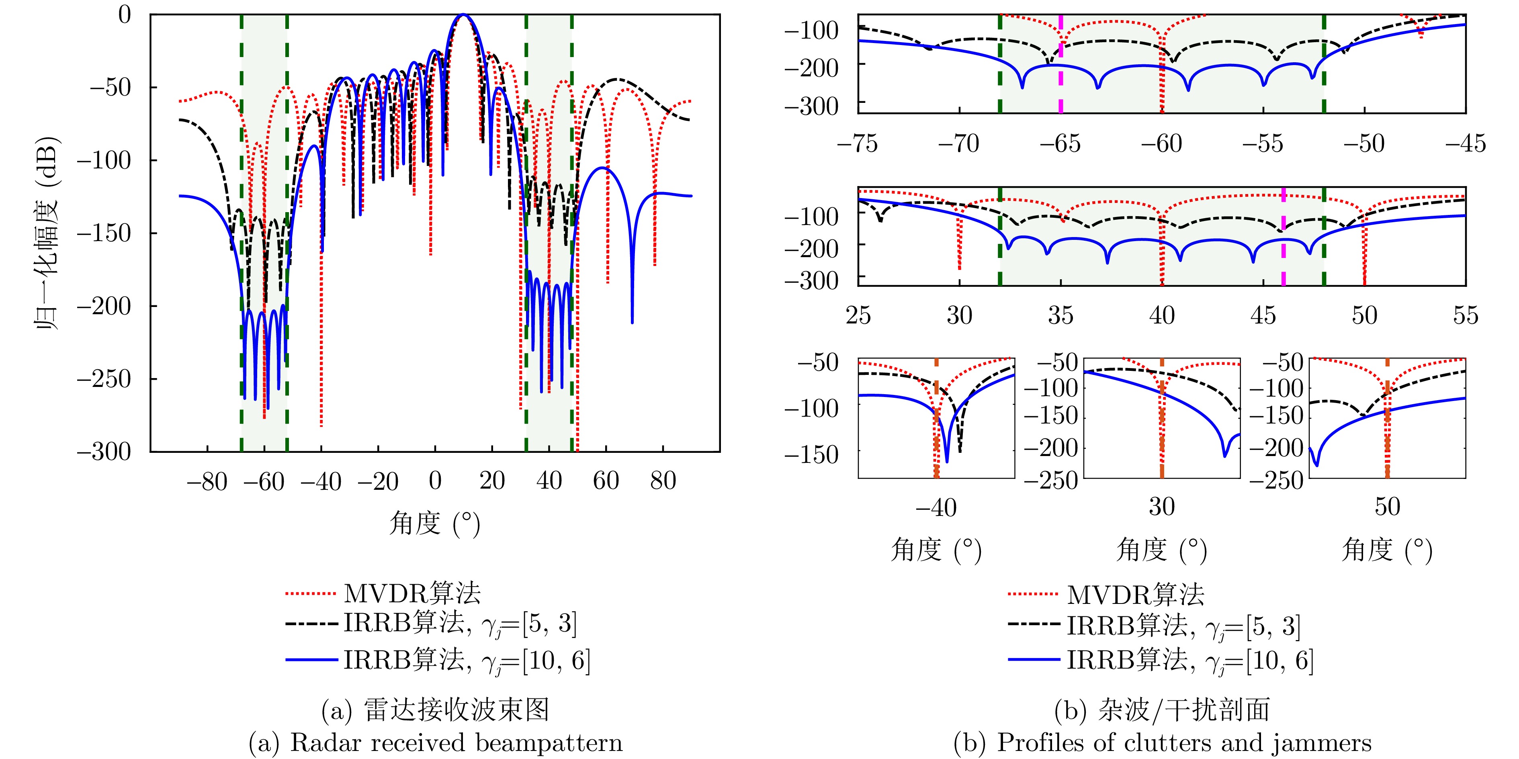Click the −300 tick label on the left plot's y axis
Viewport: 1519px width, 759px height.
104,452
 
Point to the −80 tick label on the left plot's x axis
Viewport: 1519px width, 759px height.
207,482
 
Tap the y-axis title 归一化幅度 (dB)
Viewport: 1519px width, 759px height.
47,233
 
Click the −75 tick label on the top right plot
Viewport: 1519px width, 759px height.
858,143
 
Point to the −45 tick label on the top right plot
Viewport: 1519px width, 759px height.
1465,143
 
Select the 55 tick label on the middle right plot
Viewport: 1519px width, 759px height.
1465,315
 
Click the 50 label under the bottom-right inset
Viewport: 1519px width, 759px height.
1387,507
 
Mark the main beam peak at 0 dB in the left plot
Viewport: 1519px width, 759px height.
463,15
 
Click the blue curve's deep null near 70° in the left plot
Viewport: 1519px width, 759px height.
632,319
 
